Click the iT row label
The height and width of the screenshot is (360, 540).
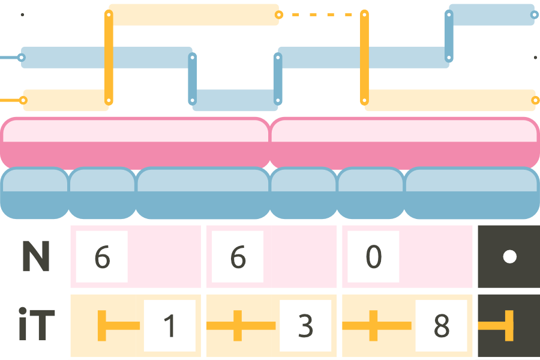[37, 326]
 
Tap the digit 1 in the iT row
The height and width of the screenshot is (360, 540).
[170, 326]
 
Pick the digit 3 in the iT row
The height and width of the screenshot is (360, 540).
[306, 326]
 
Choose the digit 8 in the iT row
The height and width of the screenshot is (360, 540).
[442, 326]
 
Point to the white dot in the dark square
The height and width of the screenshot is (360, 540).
[509, 257]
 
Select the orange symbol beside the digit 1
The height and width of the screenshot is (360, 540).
[114, 326]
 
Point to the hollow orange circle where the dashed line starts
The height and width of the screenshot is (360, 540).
[277, 14]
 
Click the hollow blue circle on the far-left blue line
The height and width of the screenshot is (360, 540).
[22, 58]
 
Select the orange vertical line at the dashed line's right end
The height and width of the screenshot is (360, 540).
[364, 57]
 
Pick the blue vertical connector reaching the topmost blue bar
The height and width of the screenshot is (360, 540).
[448, 36]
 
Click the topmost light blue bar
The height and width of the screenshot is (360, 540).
[491, 14]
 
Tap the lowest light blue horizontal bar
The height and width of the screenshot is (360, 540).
[235, 100]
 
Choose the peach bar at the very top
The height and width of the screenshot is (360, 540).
[193, 14]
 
